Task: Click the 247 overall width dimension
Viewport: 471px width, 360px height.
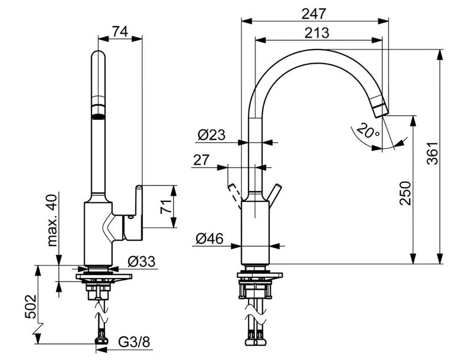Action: click(313, 14)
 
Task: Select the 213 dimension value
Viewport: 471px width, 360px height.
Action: click(316, 32)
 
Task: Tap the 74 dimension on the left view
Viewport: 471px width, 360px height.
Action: click(120, 31)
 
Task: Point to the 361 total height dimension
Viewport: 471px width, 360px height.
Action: click(433, 153)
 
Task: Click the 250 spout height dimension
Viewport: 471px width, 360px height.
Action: click(405, 193)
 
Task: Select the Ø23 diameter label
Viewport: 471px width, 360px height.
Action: click(211, 135)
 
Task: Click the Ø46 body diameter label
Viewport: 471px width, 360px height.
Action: click(210, 238)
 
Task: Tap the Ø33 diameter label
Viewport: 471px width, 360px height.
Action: click(142, 261)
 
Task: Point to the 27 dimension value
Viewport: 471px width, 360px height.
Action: click(201, 160)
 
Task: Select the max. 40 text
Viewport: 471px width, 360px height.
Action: click(52, 220)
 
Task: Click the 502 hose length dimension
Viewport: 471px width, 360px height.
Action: click(30, 306)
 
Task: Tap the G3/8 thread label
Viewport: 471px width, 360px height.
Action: click(134, 342)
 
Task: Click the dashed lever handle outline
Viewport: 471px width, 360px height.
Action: click(234, 196)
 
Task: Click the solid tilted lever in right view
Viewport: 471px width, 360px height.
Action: click(275, 196)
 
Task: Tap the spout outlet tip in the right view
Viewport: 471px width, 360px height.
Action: click(380, 107)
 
